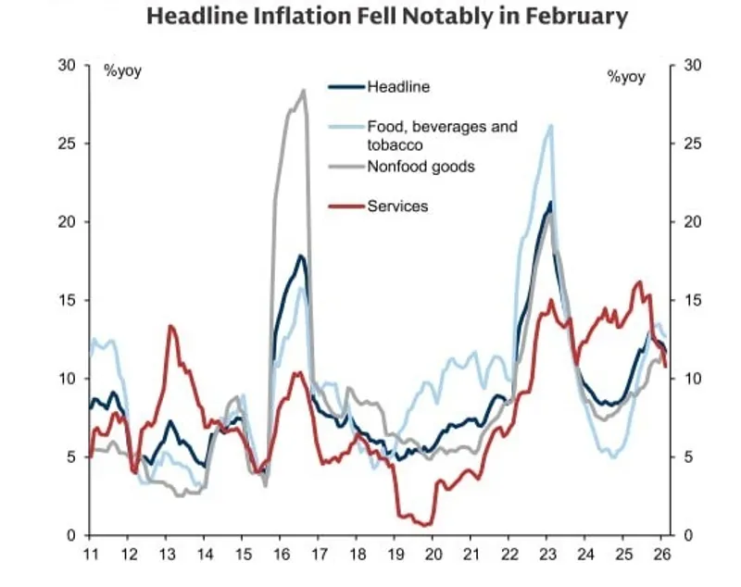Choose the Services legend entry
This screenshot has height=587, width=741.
point(397,206)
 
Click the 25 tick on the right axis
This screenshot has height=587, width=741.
point(691,144)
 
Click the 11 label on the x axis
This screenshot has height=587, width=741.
point(90,554)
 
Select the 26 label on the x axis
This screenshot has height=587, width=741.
point(664,554)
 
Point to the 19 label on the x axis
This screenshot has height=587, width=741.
point(396,554)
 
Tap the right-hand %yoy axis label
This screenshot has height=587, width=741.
point(626,76)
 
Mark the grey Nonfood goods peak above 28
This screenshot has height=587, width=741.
point(304,90)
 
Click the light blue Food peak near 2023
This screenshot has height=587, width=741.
point(551,125)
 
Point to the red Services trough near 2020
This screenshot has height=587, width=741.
point(427,525)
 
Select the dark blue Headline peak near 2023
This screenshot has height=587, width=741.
point(550,202)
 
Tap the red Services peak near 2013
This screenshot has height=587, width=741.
point(170,326)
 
